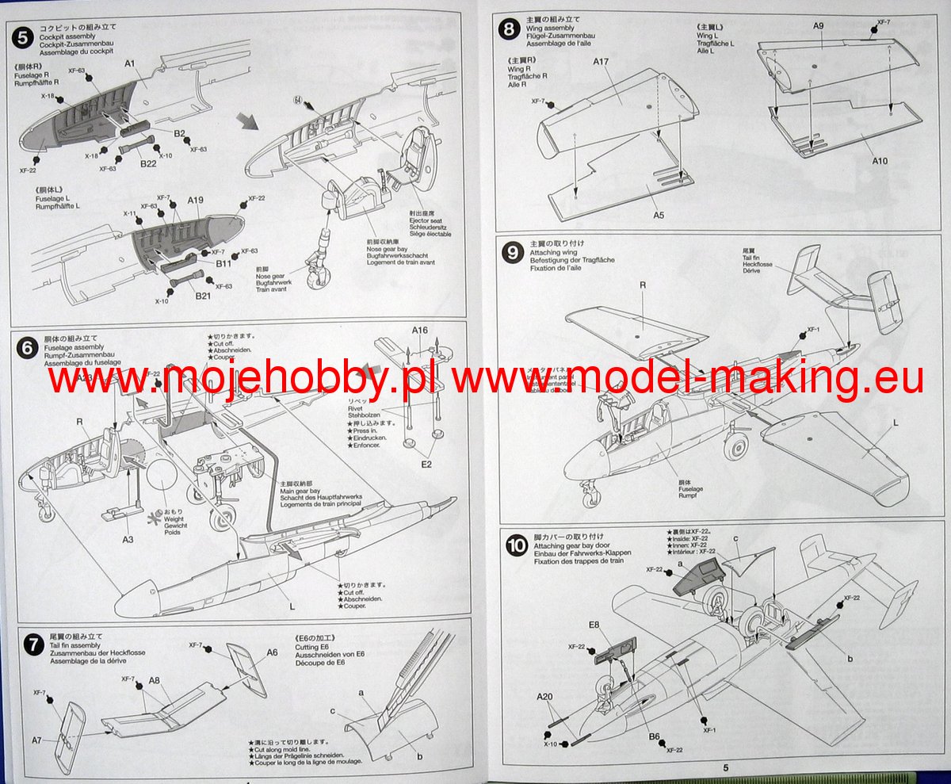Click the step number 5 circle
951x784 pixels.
[24, 35]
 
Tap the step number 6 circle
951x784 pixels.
[27, 347]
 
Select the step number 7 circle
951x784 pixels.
[32, 644]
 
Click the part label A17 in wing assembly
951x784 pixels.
[600, 83]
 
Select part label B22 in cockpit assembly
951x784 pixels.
[147, 164]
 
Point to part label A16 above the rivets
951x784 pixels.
[419, 331]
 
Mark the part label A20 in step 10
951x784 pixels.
[544, 697]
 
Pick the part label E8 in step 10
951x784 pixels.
[594, 624]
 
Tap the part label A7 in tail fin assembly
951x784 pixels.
[37, 740]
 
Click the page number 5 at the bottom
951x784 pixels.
[725, 767]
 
